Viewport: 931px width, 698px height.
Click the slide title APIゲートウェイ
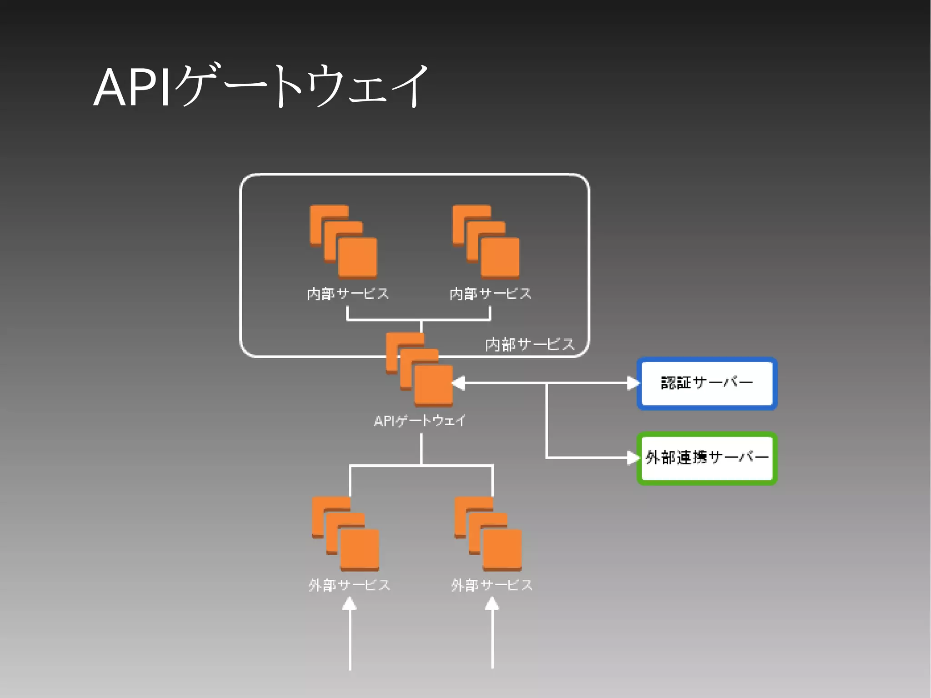coord(261,86)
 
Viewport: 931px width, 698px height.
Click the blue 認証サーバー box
coord(707,383)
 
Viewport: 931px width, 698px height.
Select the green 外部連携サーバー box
coord(707,458)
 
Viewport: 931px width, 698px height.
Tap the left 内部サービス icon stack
coord(344,241)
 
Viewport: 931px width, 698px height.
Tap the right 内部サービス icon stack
coord(486,241)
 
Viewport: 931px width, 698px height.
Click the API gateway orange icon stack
coord(420,370)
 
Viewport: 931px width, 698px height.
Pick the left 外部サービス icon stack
coord(345,533)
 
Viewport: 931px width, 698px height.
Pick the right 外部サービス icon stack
coord(488,533)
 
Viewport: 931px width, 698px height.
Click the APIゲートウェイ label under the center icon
coord(419,421)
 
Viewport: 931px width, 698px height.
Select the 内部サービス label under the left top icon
coord(348,294)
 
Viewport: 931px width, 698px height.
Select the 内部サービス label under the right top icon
coord(490,294)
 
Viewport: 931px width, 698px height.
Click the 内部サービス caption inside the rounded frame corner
coord(530,345)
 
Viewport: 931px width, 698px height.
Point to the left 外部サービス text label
coord(349,585)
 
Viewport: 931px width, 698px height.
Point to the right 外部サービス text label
coord(491,585)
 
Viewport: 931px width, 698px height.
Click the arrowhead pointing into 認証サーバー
coord(633,383)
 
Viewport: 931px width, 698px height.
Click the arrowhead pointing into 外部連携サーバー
coord(633,457)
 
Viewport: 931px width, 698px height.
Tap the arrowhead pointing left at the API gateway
coord(459,383)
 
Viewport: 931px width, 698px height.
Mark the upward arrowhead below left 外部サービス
coord(349,604)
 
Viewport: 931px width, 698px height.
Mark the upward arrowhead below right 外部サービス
coord(492,604)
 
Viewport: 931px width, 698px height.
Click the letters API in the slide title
coord(132,87)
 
